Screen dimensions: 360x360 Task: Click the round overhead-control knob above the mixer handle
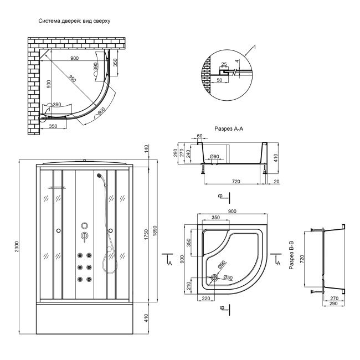point(84,226)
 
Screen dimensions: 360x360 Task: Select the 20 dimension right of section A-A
point(276,181)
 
